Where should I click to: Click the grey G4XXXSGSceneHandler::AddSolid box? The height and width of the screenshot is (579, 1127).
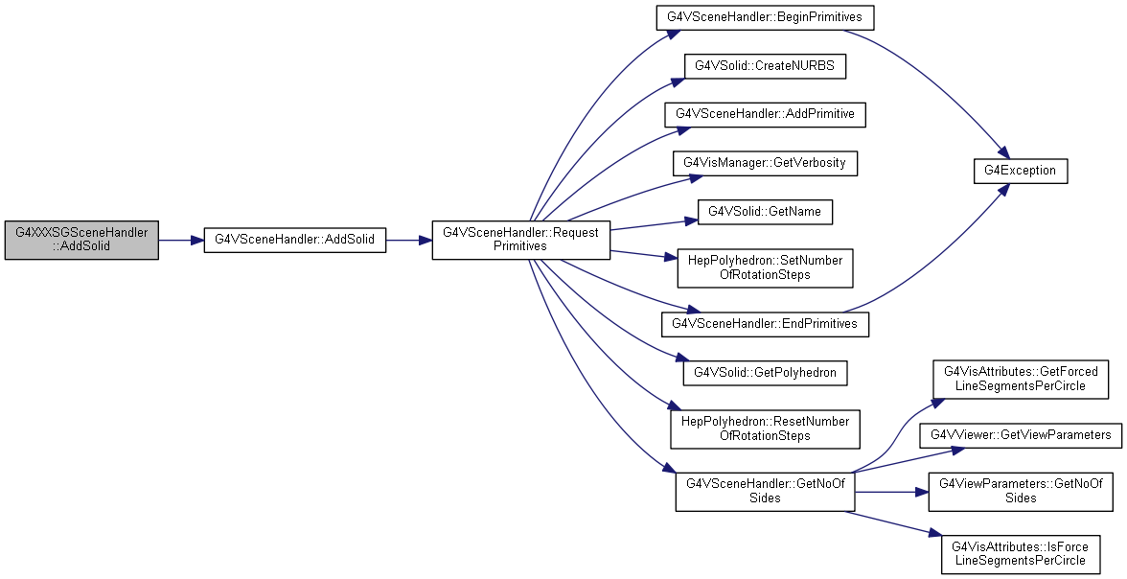81,241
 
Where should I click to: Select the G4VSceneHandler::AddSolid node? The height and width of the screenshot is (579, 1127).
295,241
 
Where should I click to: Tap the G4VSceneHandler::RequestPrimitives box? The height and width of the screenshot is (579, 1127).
520,241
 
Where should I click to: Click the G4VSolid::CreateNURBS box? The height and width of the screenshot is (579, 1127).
765,66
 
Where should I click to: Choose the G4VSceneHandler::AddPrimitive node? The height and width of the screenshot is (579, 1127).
765,114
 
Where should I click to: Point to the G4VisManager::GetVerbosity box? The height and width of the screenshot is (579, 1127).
765,163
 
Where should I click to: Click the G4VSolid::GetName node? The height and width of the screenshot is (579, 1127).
765,212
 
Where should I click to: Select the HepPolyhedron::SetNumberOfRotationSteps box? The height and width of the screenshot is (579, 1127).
765,267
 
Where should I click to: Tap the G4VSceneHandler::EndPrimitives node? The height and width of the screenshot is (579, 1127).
765,324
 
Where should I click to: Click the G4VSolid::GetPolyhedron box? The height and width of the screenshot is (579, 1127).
765,373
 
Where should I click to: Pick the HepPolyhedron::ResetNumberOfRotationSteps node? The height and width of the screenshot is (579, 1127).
765,428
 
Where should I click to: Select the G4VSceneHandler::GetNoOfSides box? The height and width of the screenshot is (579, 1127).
765,492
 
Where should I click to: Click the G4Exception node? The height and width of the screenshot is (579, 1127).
1021,172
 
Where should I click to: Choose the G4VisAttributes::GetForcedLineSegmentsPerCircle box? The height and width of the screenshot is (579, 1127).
1021,379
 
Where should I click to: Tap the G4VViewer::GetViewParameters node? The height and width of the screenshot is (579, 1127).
1021,435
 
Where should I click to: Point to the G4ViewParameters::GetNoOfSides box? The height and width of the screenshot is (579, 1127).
1021,492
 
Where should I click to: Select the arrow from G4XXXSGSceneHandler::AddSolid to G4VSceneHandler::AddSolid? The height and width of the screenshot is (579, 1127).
181,241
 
